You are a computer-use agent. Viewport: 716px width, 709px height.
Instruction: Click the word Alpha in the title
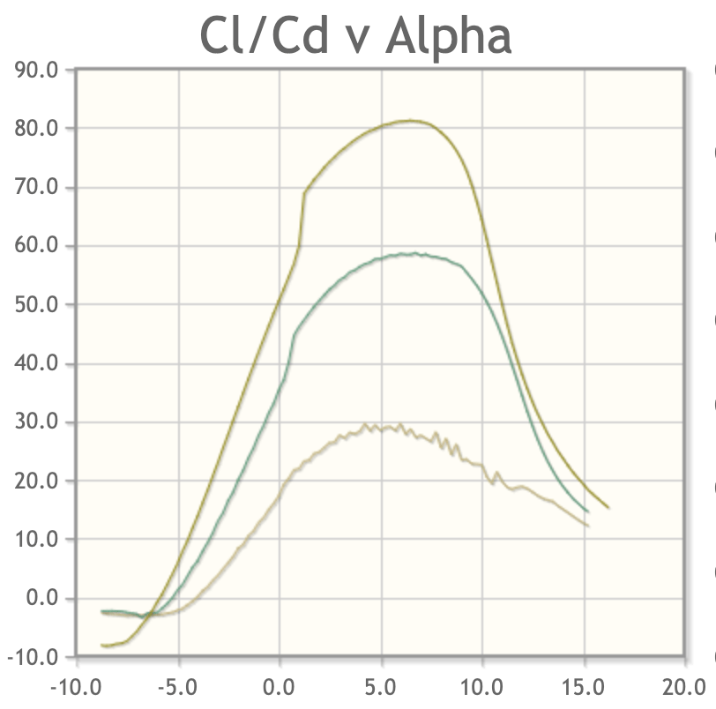pos(449,36)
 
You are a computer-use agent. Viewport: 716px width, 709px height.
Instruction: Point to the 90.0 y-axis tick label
pos(36,70)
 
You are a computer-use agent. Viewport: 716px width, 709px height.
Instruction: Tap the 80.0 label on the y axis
pos(36,129)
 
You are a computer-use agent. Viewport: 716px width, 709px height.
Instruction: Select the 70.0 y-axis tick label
pos(36,187)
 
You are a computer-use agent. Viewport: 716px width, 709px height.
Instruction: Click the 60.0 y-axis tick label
pos(36,246)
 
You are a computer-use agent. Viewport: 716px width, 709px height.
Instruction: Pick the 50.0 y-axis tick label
pos(36,305)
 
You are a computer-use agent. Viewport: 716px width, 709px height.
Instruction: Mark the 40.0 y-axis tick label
pos(36,363)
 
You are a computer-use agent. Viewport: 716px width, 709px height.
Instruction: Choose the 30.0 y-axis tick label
pos(36,422)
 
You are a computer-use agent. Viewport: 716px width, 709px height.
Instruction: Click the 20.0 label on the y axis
pos(36,481)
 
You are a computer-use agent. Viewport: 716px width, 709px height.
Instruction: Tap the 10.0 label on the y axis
pos(36,540)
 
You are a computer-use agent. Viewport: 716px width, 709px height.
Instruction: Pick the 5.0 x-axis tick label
pos(382,685)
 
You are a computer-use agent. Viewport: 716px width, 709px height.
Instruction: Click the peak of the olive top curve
pos(411,121)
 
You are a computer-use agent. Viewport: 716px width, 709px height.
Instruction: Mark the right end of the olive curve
pos(608,507)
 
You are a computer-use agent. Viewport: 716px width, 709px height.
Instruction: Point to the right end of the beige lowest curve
pos(587,526)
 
